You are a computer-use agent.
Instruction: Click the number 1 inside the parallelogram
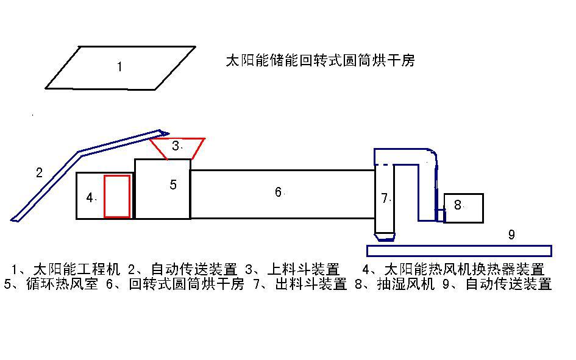[119, 67]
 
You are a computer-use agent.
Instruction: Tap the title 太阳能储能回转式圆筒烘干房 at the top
[320, 61]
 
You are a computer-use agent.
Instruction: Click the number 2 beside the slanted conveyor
[39, 172]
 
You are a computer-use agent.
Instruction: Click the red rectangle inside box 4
[117, 196]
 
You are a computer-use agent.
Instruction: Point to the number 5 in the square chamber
[173, 185]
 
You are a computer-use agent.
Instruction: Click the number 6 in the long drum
[278, 192]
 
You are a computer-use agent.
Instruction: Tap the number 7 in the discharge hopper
[384, 198]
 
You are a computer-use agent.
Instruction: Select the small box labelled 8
[463, 208]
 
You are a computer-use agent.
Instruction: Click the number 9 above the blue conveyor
[511, 234]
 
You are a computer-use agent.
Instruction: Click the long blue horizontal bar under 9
[459, 250]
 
